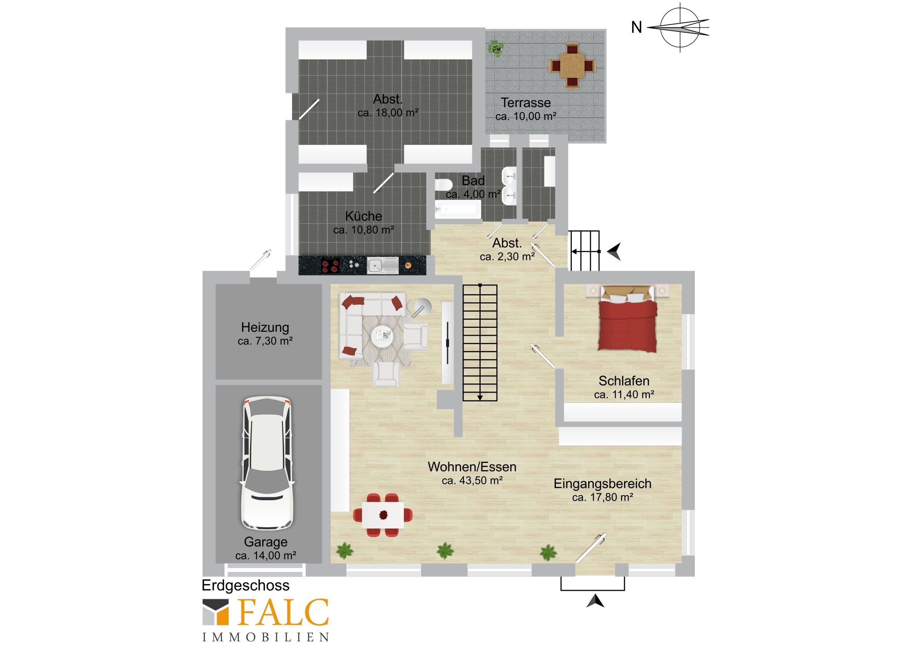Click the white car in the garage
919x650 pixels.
pos(267,463)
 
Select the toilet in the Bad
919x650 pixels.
pos(444,185)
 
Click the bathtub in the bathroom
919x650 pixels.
pos(458,209)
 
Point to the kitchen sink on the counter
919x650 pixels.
pos(383,265)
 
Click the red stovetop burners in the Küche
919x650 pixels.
pos(330,266)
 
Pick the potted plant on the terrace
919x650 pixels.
pos(495,48)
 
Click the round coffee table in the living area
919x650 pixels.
pos(382,336)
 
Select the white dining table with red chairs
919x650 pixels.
pos(383,515)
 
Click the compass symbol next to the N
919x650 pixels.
pos(680,28)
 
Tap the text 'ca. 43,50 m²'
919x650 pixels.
pos(472,480)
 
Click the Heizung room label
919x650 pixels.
pos(265,327)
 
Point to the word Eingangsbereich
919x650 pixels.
pos(603,484)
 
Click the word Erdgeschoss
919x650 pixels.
pos(245,586)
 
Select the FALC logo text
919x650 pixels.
pos(283,612)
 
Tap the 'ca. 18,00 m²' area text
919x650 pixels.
pos(388,113)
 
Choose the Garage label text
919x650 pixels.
pos(266,542)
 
